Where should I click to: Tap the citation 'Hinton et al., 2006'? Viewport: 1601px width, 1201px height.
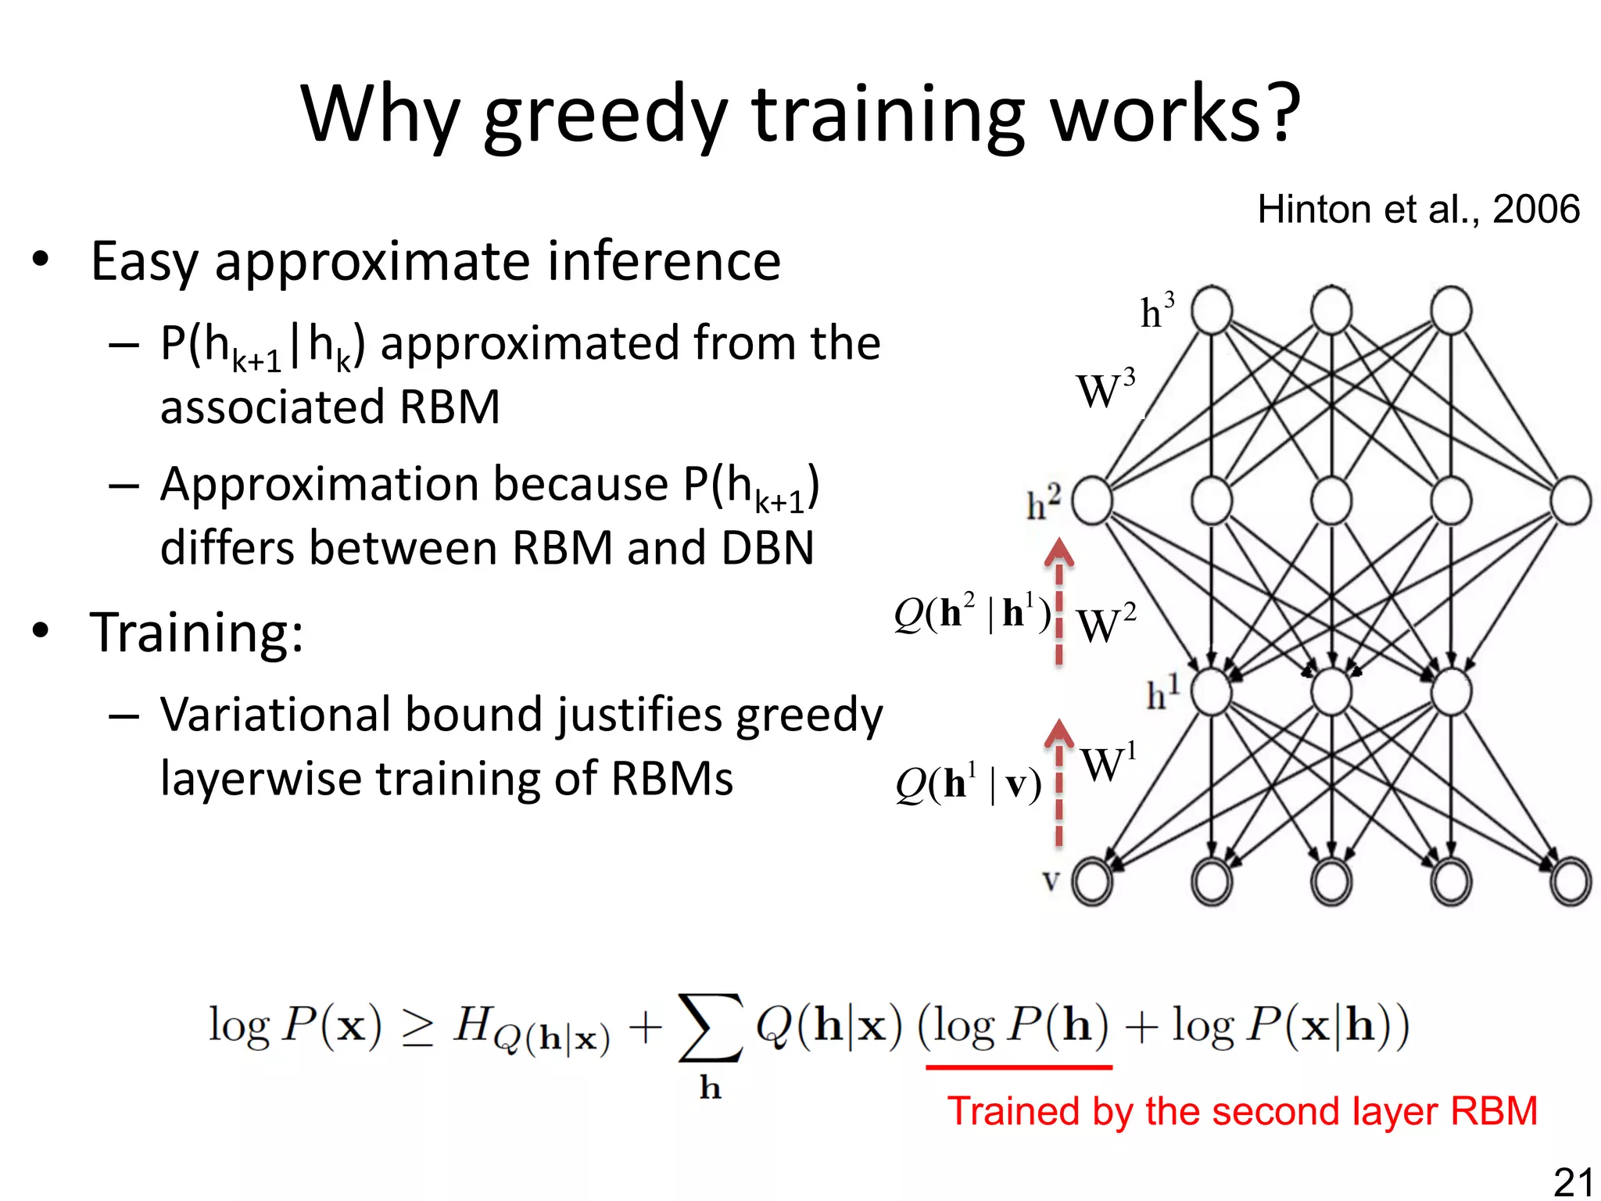(x=1418, y=210)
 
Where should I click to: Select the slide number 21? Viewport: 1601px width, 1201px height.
(x=1573, y=1181)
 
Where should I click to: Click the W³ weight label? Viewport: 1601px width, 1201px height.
(x=1105, y=390)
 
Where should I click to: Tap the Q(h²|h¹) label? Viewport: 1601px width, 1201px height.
(x=972, y=613)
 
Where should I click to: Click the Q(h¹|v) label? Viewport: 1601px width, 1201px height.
(x=969, y=784)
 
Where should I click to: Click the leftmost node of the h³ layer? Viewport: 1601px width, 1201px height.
(x=1212, y=310)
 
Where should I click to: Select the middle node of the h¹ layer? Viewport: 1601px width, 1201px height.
(x=1331, y=692)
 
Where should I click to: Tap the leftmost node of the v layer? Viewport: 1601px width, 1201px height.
(x=1092, y=882)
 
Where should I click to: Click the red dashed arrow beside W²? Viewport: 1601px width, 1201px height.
(x=1059, y=602)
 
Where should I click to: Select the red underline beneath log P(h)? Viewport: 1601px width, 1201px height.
(x=1019, y=1067)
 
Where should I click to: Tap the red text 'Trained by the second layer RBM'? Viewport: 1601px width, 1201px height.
(x=1242, y=1111)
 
